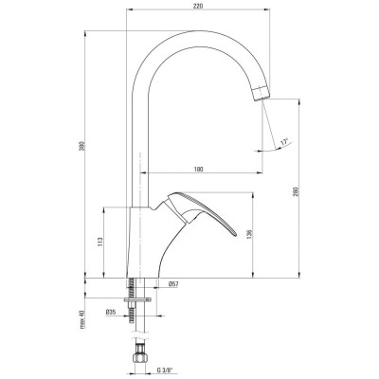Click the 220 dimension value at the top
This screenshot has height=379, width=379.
pyautogui.click(x=198, y=6)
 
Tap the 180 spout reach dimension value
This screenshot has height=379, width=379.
pyautogui.click(x=198, y=170)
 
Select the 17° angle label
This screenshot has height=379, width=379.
pyautogui.click(x=285, y=142)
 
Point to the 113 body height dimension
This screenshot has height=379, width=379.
pyautogui.click(x=100, y=242)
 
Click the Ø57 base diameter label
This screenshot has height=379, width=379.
pyautogui.click(x=173, y=284)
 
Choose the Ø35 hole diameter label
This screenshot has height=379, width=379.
pyautogui.click(x=111, y=312)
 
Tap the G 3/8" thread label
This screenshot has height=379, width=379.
pyautogui.click(x=166, y=370)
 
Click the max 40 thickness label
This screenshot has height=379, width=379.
pyautogui.click(x=82, y=319)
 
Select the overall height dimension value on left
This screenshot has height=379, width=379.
pyautogui.click(x=82, y=146)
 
